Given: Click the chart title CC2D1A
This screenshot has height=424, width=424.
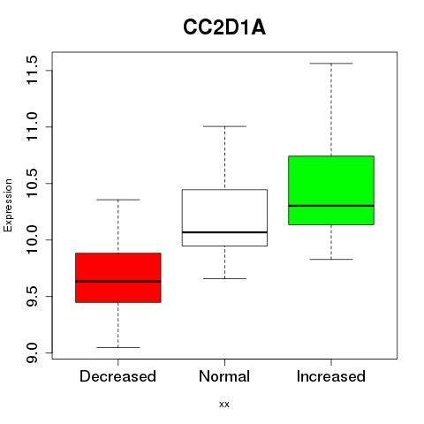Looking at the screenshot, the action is click(x=224, y=27).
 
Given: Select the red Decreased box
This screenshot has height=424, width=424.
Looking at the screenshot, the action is click(x=118, y=277).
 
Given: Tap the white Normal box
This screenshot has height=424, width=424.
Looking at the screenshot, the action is click(x=224, y=217).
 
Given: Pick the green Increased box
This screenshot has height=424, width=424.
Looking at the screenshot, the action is click(x=331, y=190).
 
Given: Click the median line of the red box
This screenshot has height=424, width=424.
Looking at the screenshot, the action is click(x=118, y=282).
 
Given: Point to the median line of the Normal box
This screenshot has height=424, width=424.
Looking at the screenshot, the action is click(x=224, y=232).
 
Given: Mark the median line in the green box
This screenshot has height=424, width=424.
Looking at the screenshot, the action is click(x=331, y=206).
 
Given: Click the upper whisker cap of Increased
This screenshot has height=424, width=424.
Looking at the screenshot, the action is click(x=331, y=64).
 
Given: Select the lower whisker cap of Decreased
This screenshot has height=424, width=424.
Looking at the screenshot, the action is click(x=118, y=347).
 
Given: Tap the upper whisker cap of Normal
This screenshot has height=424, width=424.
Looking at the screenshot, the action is click(x=224, y=126).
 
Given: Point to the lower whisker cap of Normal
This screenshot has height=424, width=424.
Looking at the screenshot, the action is click(x=224, y=278).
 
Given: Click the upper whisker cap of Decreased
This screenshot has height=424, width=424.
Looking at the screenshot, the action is click(x=118, y=200).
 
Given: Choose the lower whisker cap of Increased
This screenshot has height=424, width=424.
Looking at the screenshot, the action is click(x=331, y=260).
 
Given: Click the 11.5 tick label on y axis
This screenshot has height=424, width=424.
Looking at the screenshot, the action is click(x=32, y=70).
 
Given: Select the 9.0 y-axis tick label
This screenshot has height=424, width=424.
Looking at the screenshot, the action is click(x=32, y=352).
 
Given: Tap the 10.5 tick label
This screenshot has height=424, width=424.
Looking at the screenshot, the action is click(x=32, y=183).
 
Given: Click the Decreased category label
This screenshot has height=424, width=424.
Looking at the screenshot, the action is click(x=117, y=376).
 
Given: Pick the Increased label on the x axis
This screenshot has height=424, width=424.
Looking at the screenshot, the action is click(x=331, y=376).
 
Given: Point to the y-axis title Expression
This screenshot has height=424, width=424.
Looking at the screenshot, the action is click(x=8, y=205).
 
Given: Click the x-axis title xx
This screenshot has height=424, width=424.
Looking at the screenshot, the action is click(x=224, y=405).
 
